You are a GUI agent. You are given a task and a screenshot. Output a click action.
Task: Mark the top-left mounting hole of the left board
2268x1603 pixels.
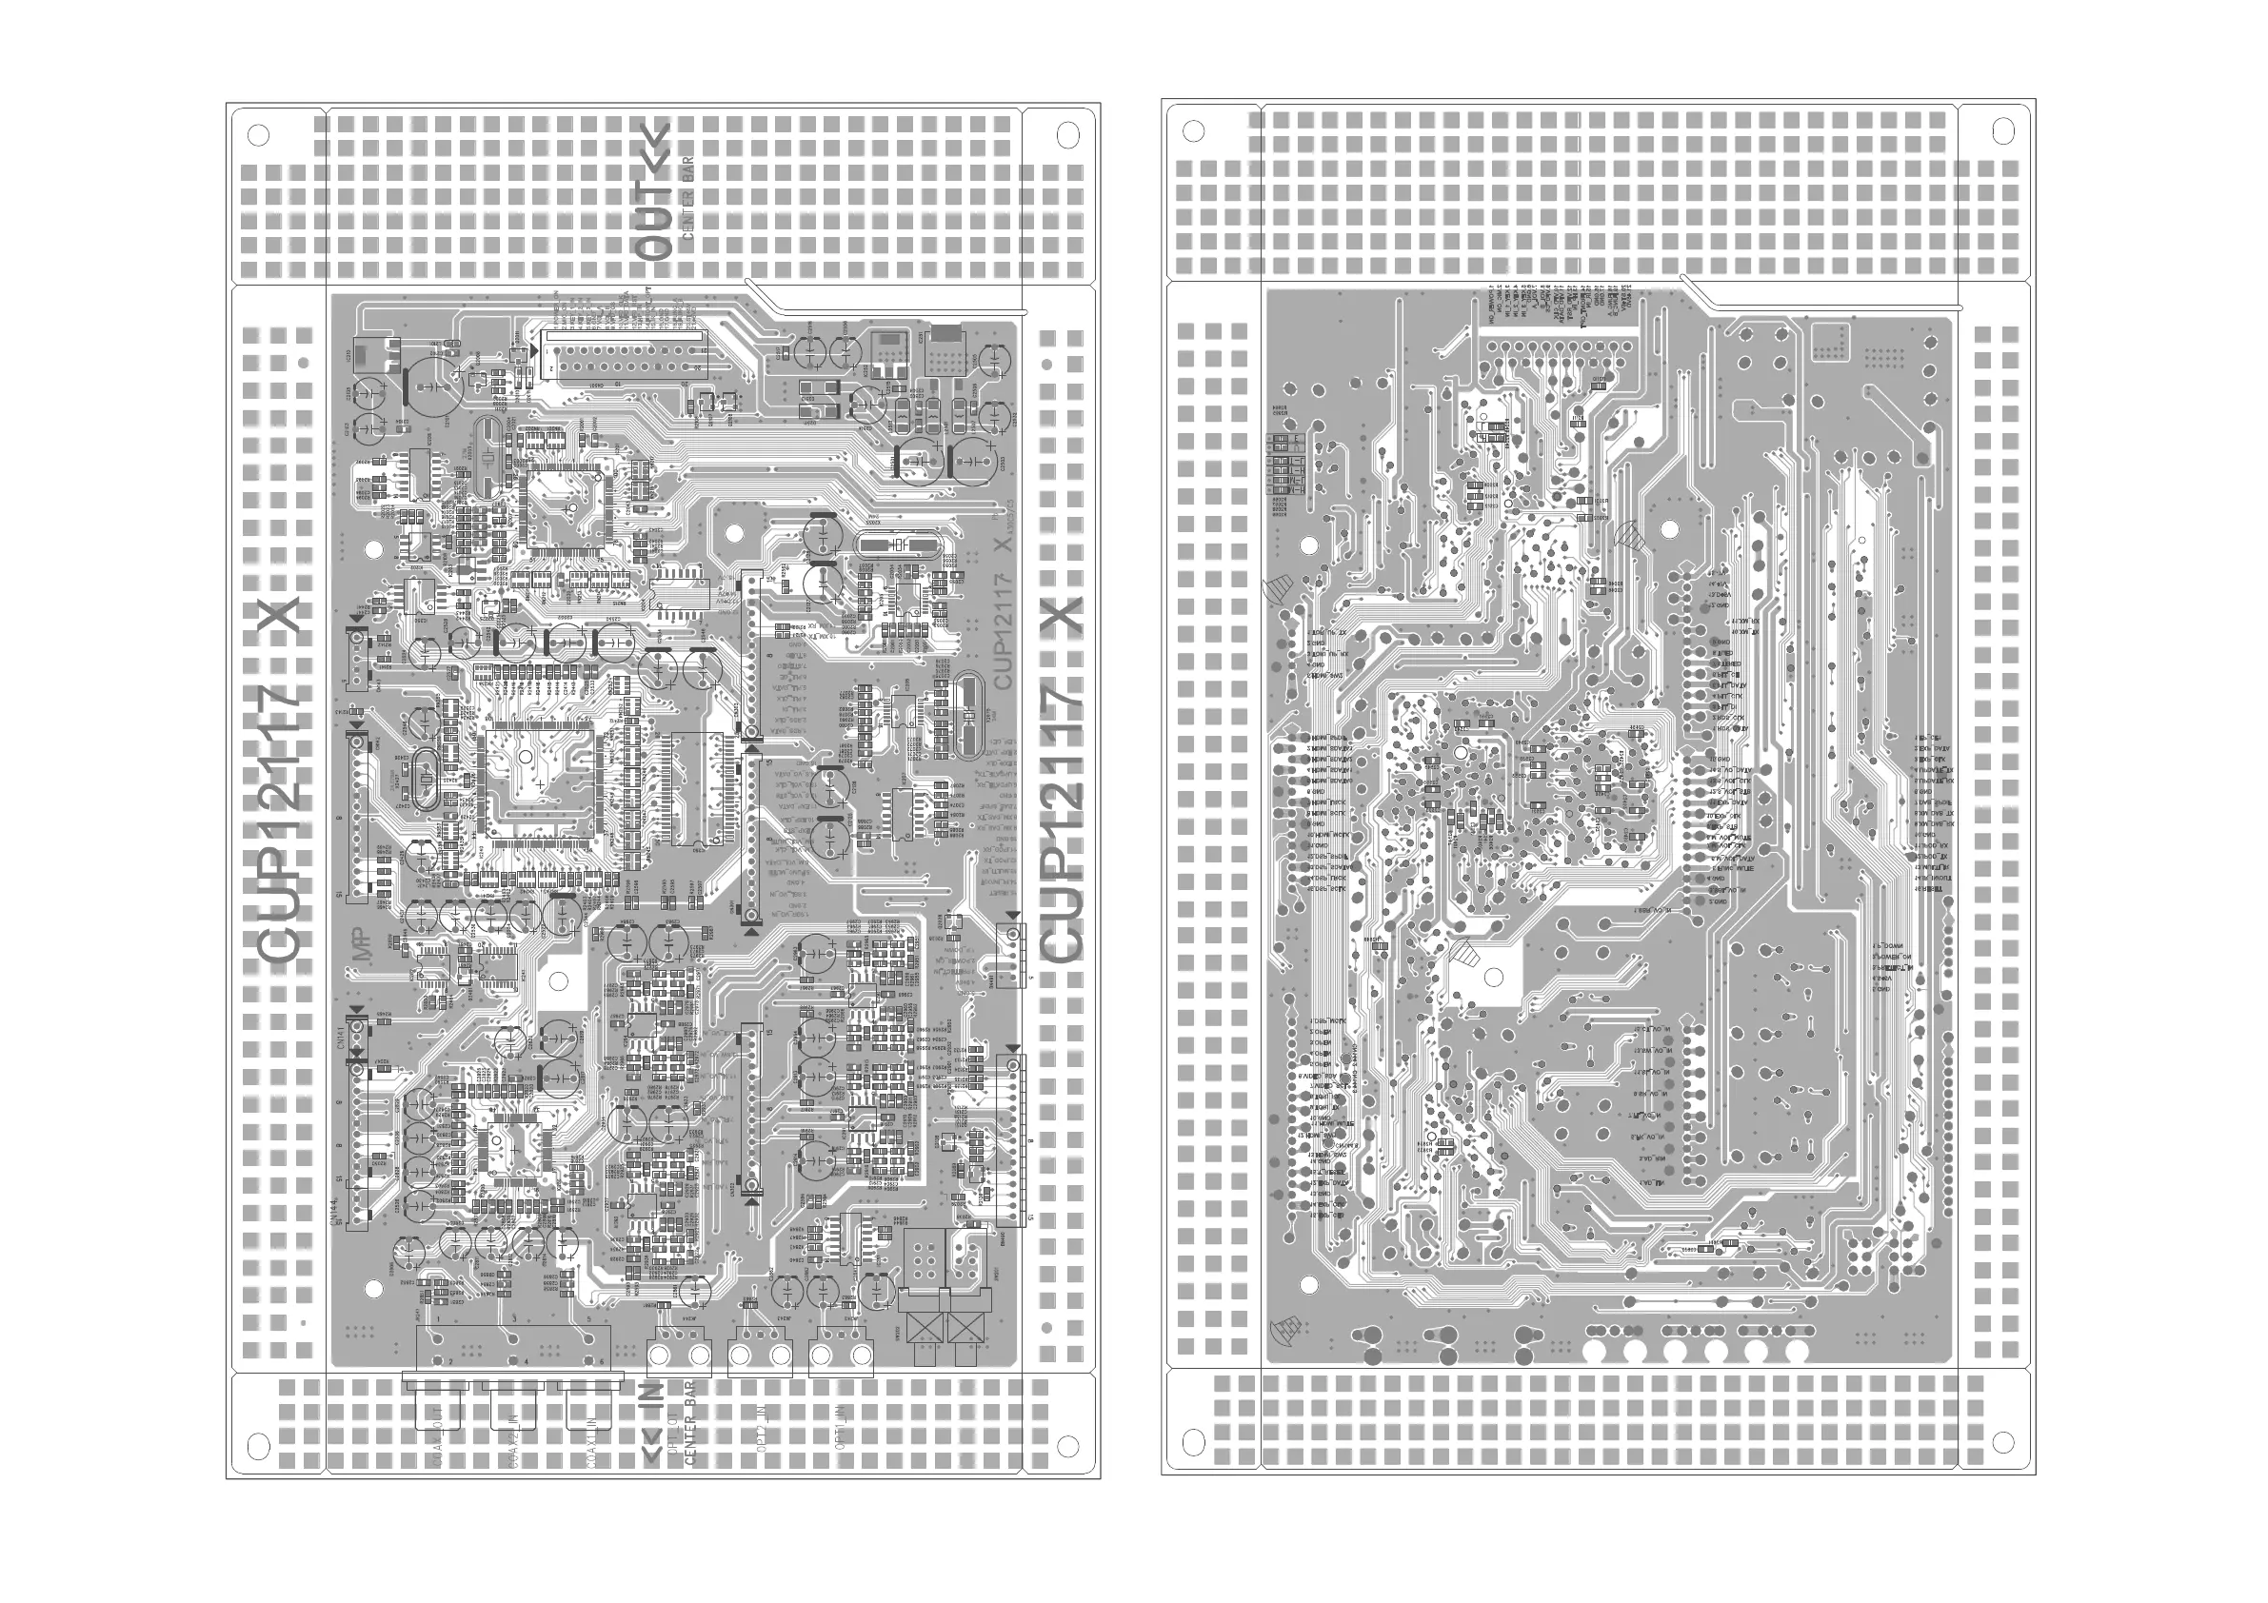258,133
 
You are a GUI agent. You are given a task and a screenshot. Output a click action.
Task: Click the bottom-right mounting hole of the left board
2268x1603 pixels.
1067,1446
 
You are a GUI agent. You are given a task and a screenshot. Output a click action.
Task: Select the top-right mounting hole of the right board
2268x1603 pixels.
2003,130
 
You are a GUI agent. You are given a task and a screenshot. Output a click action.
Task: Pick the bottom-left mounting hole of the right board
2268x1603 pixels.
1193,1442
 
